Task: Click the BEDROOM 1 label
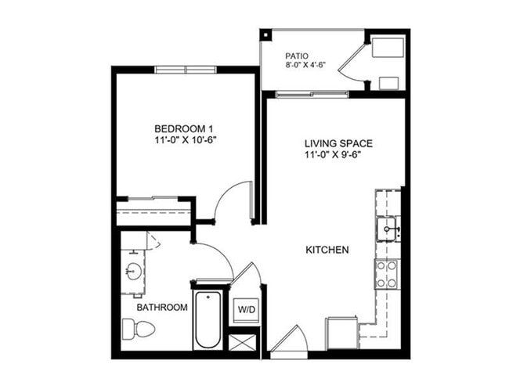tap(184, 128)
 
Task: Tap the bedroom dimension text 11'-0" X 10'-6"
tap(184, 140)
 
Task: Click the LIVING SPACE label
tap(338, 143)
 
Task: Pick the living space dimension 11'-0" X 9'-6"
tap(338, 155)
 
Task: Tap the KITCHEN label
tap(327, 250)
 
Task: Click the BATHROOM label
tap(162, 308)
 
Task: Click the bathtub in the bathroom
tap(208, 320)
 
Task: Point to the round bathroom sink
tap(132, 272)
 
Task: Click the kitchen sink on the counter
tap(388, 229)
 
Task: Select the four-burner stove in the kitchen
tap(386, 273)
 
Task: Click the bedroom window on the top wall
tap(185, 69)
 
